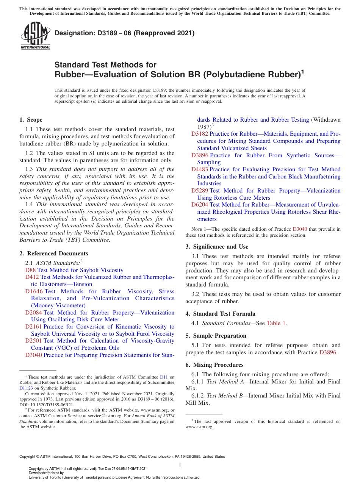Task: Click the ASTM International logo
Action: click(x=35, y=35)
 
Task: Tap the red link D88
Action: click(x=30, y=270)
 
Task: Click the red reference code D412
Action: click(x=32, y=277)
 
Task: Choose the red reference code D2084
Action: click(x=34, y=313)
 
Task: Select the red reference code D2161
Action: click(x=34, y=327)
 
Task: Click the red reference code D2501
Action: click(x=34, y=341)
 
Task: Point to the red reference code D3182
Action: click(x=200, y=134)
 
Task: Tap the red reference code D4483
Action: click(x=200, y=169)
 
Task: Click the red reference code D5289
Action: click(x=200, y=191)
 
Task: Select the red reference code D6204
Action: click(x=200, y=205)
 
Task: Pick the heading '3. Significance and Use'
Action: click(x=217, y=247)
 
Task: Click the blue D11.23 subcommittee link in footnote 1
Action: click(x=26, y=388)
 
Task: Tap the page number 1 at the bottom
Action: click(x=180, y=465)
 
